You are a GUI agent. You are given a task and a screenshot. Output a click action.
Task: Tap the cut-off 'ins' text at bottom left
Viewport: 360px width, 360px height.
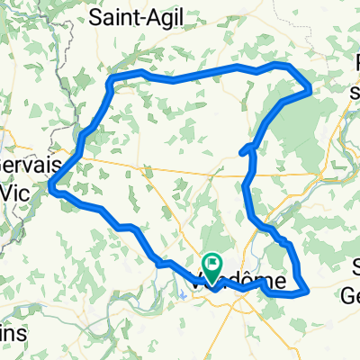coord(11,333)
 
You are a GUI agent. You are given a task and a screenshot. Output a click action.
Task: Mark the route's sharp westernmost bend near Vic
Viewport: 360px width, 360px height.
coord(53,187)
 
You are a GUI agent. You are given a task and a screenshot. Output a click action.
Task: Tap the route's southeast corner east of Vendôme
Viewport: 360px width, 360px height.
coord(307,290)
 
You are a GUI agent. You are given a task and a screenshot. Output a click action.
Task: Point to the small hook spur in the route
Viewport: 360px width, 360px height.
coord(244,150)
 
